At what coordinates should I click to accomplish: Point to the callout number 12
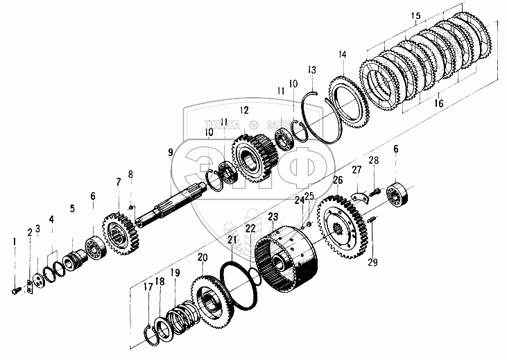coord(243,110)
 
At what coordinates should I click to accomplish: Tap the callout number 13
coord(312,70)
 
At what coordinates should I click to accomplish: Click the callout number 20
coord(202,258)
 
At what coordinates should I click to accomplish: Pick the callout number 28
coord(373,161)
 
